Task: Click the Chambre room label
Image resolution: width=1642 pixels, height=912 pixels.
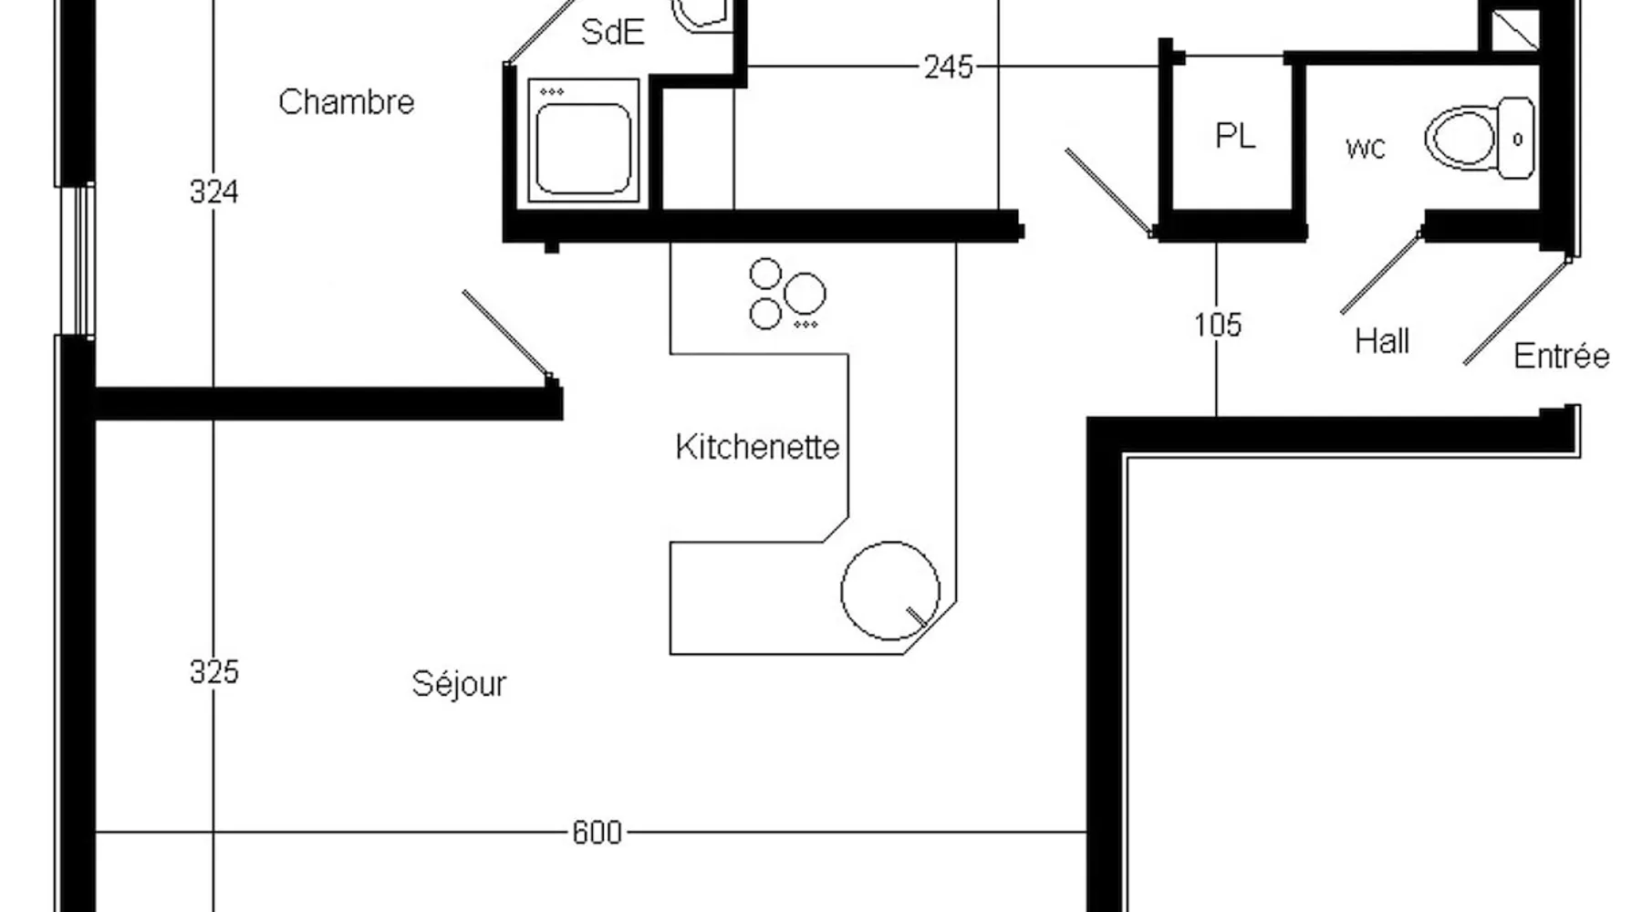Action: [x=346, y=101]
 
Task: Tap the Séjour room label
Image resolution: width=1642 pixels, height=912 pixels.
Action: [x=459, y=683]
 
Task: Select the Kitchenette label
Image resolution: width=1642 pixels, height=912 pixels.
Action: [x=757, y=447]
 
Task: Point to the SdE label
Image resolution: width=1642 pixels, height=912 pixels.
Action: [x=613, y=32]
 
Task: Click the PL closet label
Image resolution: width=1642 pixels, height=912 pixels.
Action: [x=1235, y=136]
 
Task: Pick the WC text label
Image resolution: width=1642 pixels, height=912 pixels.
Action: [x=1366, y=148]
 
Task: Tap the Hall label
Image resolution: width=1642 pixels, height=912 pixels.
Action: [x=1382, y=341]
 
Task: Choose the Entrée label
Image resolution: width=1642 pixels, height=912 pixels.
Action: [x=1561, y=356]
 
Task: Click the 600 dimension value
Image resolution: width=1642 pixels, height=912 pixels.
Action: [x=597, y=833]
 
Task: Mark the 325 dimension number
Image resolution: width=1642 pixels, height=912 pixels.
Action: [x=214, y=672]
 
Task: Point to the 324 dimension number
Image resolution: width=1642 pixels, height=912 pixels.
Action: [x=214, y=192]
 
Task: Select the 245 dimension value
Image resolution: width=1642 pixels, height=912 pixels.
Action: [x=949, y=67]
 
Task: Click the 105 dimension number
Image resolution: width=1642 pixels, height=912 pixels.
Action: [x=1218, y=325]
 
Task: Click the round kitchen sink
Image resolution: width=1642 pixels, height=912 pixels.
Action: [x=890, y=590]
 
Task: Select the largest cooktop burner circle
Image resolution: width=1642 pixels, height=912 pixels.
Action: [x=805, y=294]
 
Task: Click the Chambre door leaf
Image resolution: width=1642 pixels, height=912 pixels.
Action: [x=507, y=335]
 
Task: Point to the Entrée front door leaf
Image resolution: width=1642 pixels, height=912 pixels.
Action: [x=1517, y=311]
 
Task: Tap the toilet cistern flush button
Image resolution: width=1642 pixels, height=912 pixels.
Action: [x=1518, y=140]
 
